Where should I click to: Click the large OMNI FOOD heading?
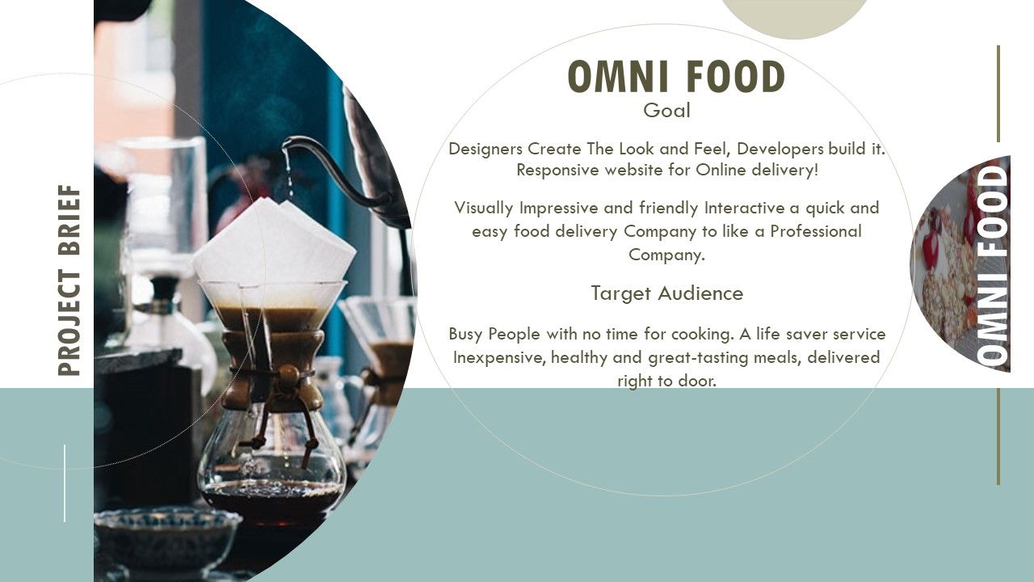pos(676,76)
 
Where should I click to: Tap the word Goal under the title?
pos(666,111)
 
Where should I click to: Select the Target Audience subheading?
pos(667,293)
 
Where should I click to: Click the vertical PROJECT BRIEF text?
pos(69,280)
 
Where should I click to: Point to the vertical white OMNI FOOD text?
pos(993,266)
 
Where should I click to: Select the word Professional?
pos(816,231)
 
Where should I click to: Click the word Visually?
pos(483,208)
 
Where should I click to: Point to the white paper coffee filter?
pos(275,241)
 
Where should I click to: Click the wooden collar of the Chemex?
pos(273,369)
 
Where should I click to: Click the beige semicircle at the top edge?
pos(794,18)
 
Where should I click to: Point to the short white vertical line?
pos(64,483)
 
